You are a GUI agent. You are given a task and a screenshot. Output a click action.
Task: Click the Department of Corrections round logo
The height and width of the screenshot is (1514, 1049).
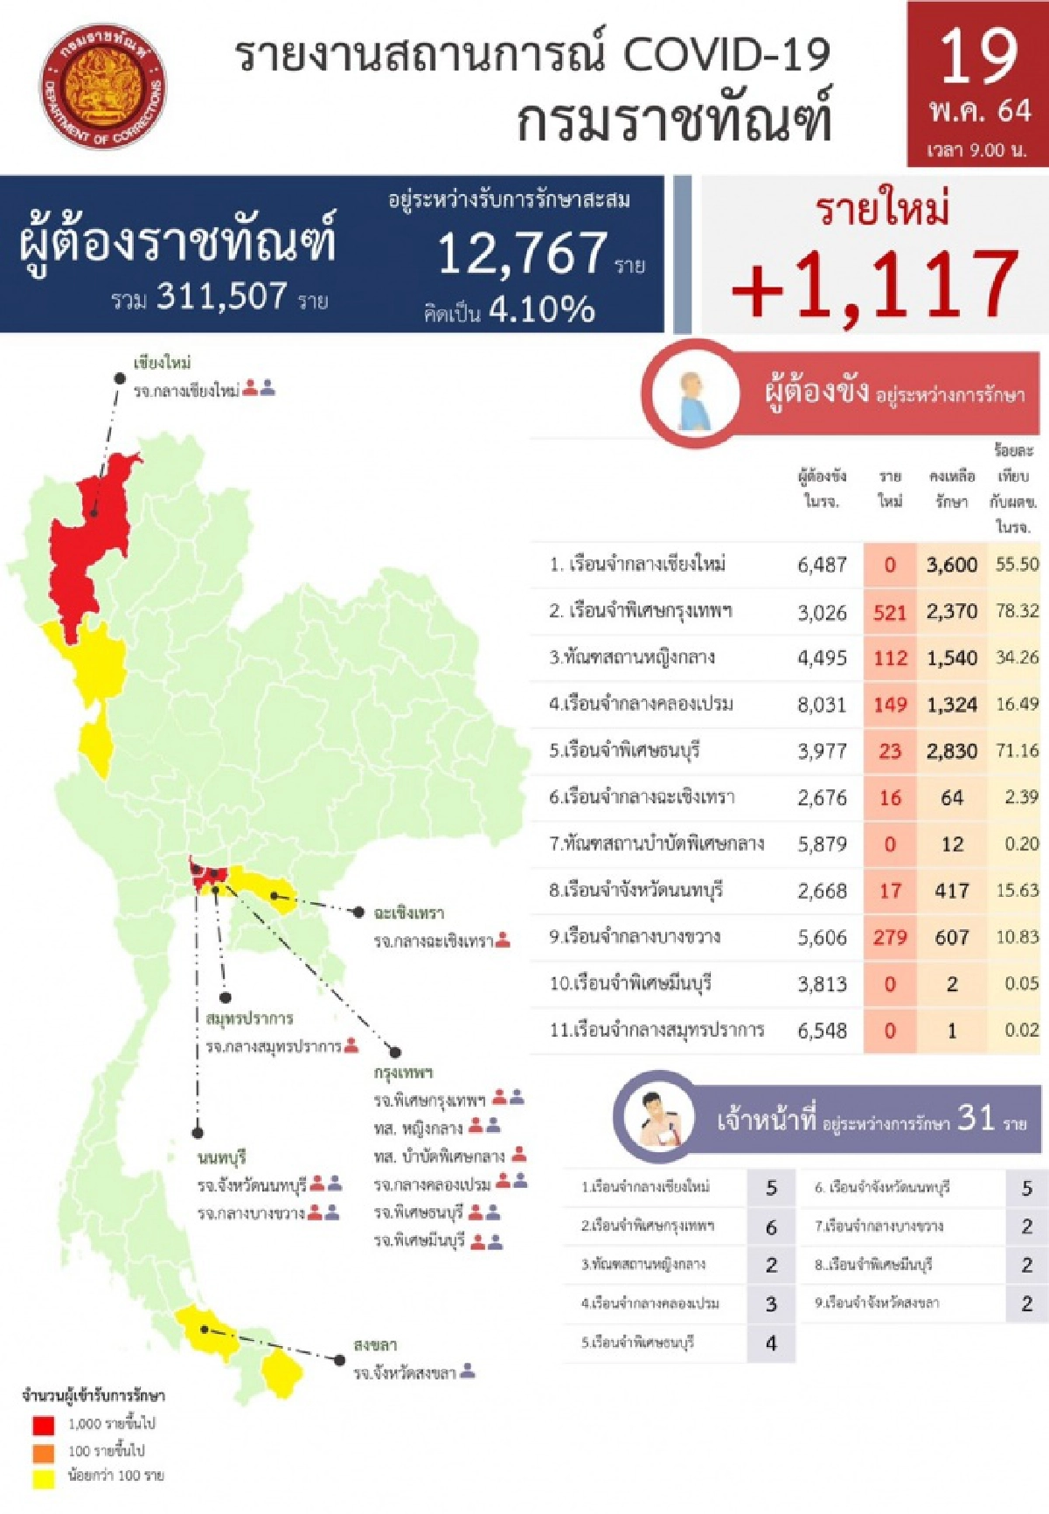coord(103,87)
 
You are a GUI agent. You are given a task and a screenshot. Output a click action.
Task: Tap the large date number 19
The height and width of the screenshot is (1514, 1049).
coord(978,57)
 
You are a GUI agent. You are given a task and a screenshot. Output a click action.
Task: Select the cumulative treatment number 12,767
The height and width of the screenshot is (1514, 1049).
coord(523,253)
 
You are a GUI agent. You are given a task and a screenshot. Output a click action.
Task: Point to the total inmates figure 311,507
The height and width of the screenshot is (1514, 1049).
coord(222,297)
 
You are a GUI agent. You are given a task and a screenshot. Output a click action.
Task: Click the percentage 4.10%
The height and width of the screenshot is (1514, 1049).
coord(542,309)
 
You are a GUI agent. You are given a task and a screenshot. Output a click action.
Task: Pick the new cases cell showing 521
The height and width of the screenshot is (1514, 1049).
coord(890,612)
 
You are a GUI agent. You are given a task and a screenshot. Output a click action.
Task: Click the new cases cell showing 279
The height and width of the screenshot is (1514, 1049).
coord(890,937)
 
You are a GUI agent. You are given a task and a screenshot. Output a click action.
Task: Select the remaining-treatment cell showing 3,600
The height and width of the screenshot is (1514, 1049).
coord(952,565)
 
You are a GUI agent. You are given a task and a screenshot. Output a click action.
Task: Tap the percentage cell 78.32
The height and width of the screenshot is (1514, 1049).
coord(1017,611)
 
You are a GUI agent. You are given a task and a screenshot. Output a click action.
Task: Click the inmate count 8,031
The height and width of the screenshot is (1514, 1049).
coord(822,705)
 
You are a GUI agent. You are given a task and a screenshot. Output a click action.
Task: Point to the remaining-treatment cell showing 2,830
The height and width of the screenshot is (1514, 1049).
coord(952,751)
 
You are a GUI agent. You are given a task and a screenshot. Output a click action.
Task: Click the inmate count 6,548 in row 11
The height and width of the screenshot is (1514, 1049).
coord(822,1031)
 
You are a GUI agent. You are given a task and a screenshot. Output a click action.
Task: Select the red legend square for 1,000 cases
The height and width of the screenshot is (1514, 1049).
coord(43,1425)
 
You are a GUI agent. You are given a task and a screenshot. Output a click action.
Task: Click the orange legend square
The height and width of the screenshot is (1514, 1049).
coord(43,1452)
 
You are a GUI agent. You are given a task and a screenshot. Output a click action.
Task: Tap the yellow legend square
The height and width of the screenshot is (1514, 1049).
coord(43,1478)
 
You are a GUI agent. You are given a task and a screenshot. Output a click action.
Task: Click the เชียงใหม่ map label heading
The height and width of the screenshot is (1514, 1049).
coord(163,363)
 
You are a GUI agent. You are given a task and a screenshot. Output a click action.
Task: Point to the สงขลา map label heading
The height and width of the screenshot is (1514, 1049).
coord(375,1344)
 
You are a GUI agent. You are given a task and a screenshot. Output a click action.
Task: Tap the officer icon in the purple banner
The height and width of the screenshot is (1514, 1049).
coord(660,1119)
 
